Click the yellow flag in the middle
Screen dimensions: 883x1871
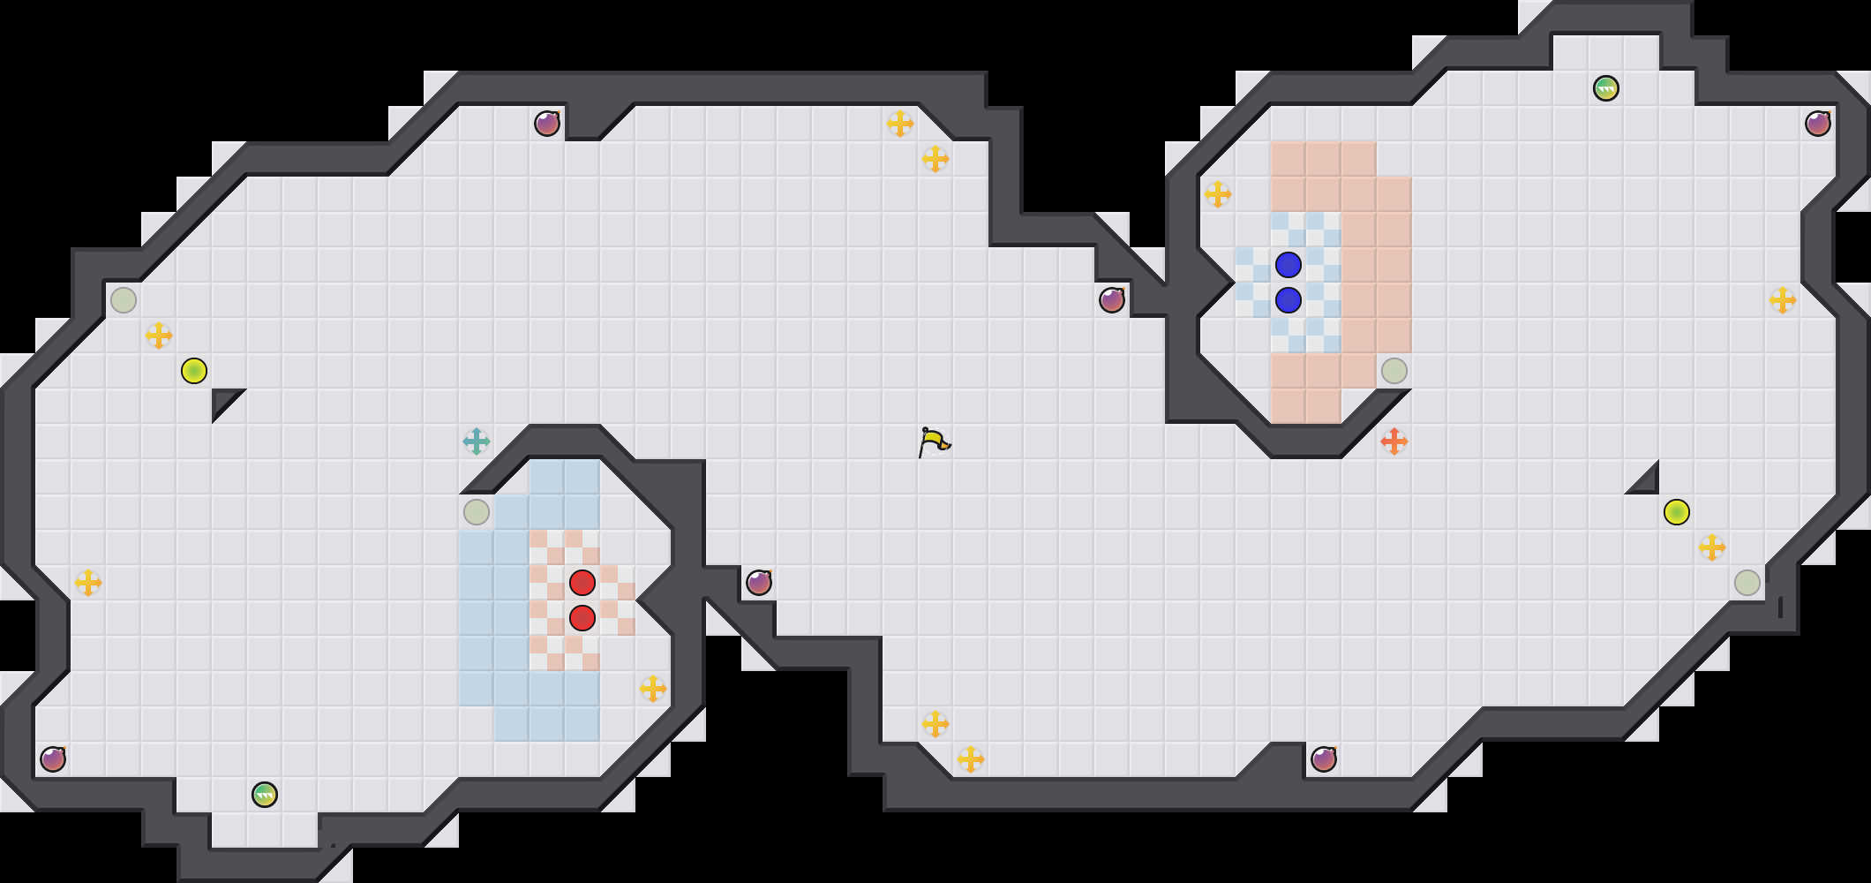click(x=934, y=441)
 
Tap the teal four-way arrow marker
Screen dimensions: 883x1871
click(x=477, y=441)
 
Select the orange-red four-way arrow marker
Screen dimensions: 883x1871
click(x=1394, y=441)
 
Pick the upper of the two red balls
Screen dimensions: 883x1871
click(x=582, y=583)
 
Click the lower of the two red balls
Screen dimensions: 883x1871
click(x=582, y=618)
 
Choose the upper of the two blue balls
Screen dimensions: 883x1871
click(x=1289, y=265)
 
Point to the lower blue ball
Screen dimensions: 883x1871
click(x=1289, y=300)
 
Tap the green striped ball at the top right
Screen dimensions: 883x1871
click(x=1606, y=88)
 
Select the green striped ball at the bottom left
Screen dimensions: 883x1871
click(x=265, y=795)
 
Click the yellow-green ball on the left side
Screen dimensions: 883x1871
click(x=194, y=371)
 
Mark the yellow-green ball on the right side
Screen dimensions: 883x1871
click(x=1677, y=512)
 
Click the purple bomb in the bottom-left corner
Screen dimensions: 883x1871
click(x=53, y=759)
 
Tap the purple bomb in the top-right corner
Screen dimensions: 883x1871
click(x=1818, y=124)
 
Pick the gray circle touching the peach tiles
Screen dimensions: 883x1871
click(x=1394, y=371)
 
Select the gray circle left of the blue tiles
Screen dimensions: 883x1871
click(x=477, y=512)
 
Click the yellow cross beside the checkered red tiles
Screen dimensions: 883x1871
click(x=653, y=689)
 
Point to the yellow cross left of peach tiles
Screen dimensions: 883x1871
click(x=1218, y=194)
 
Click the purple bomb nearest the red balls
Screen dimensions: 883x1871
click(x=759, y=583)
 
